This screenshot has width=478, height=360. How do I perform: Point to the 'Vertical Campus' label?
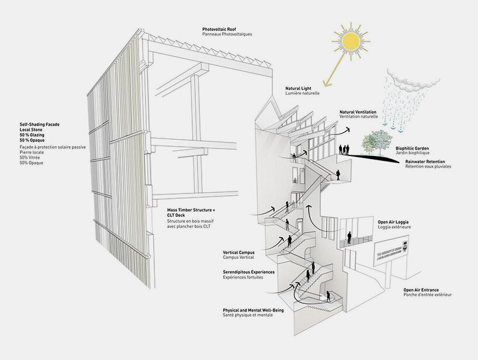click(x=238, y=252)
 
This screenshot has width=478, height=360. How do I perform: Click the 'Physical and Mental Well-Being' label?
click(x=253, y=310)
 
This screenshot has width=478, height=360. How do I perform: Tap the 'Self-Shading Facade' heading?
click(x=40, y=124)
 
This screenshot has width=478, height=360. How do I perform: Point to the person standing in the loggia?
click(x=350, y=236)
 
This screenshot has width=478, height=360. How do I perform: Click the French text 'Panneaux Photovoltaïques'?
click(x=227, y=34)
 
